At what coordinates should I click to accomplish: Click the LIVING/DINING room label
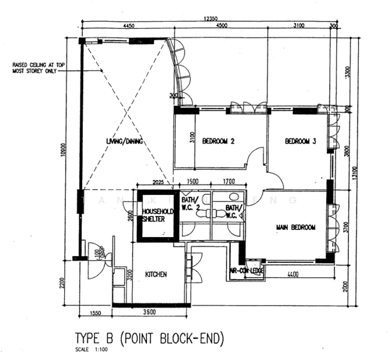(x=119, y=141)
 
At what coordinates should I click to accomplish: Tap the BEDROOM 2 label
(x=218, y=142)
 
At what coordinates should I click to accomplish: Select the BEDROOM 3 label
(x=300, y=142)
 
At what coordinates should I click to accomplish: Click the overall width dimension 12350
(x=210, y=19)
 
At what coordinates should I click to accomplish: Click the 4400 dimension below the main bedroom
(x=293, y=274)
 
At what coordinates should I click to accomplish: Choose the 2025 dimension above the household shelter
(x=158, y=181)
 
